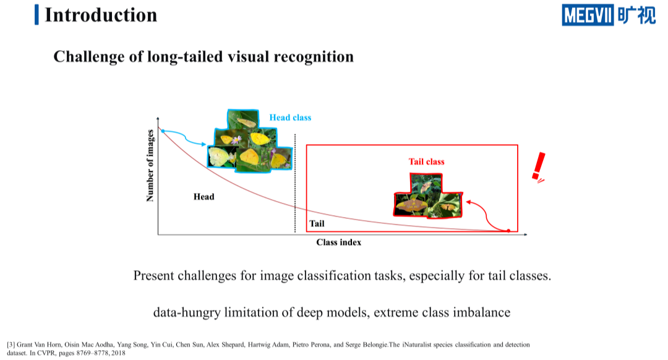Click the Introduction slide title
[x=101, y=15]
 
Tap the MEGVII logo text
[x=588, y=15]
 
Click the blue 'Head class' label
[x=290, y=118]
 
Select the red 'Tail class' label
[x=426, y=162]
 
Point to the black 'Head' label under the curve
[x=203, y=197]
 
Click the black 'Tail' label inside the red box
[x=317, y=224]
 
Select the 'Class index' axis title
[x=339, y=242]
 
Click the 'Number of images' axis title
[x=150, y=166]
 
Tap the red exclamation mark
[x=539, y=167]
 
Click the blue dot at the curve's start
[x=163, y=131]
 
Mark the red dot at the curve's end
[x=508, y=231]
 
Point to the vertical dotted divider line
[x=295, y=183]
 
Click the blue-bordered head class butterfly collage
[x=250, y=141]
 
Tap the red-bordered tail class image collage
[x=428, y=196]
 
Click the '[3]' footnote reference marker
[x=11, y=345]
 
